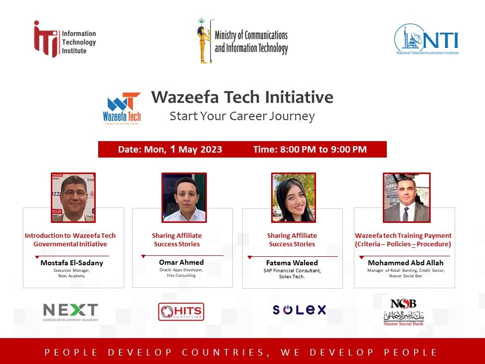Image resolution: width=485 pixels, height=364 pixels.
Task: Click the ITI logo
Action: pos(65,39)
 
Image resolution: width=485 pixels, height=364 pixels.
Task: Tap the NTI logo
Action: pos(427,39)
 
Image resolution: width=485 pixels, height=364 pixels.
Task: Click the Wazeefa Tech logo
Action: pos(122,108)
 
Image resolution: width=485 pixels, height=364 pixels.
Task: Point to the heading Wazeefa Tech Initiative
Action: pos(242,97)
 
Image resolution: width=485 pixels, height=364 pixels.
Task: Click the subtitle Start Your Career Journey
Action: pos(242,116)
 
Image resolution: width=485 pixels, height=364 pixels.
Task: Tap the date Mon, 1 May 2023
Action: pos(183,150)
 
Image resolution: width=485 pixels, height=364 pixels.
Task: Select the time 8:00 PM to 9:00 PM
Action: pos(323,150)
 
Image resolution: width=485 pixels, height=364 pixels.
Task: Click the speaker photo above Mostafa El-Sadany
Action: pos(73,198)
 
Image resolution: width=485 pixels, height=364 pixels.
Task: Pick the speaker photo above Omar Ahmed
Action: pos(184,198)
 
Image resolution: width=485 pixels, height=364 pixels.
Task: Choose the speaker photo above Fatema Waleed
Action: pos(294,198)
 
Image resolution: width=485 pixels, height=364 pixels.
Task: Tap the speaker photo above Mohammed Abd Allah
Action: pos(407,198)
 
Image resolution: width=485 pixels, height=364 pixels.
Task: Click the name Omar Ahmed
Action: pos(181,262)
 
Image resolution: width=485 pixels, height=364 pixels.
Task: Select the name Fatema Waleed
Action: pos(292,263)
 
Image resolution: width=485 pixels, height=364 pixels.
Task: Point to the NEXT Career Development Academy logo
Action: pos(70,312)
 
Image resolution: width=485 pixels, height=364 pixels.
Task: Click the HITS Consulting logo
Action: pos(181,312)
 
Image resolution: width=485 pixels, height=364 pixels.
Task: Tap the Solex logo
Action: pos(300,310)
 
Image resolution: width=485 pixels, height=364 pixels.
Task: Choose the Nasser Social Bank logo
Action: pos(404,312)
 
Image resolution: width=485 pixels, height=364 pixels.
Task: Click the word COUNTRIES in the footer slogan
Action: pos(223,352)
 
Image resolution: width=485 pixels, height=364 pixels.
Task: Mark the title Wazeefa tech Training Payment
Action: pos(403,235)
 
